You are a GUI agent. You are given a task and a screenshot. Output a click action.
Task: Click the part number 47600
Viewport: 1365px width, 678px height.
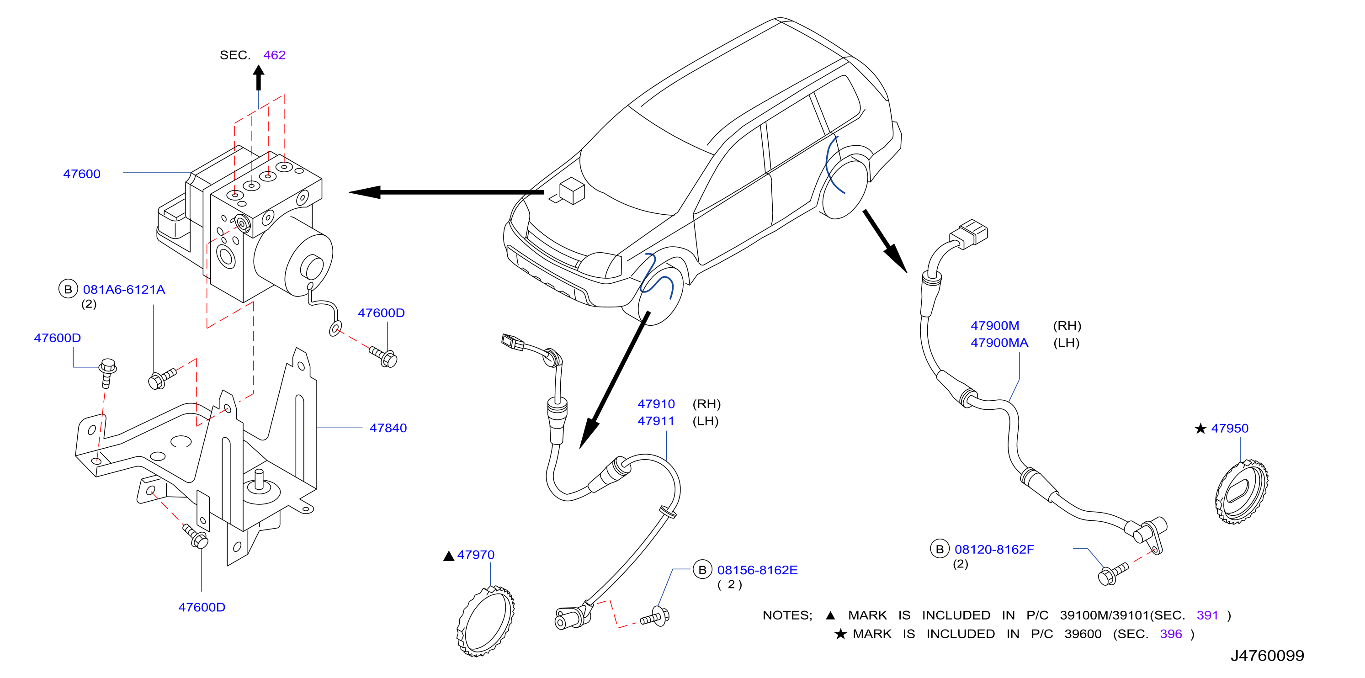[82, 174]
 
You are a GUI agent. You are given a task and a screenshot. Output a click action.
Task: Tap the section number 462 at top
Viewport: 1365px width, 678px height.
[275, 55]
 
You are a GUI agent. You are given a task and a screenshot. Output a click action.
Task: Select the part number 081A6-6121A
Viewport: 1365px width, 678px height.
[124, 290]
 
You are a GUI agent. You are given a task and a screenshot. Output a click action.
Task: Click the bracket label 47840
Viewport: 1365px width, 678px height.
[388, 428]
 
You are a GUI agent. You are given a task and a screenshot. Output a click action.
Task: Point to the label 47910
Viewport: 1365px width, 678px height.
[656, 404]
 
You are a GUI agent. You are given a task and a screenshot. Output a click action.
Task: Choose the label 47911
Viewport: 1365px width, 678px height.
[656, 421]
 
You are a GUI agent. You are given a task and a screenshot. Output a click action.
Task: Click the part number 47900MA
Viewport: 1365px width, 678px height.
[999, 343]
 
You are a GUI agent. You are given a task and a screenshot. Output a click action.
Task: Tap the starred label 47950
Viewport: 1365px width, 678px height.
[1229, 429]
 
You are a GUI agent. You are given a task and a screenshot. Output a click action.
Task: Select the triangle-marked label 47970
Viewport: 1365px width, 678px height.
[476, 555]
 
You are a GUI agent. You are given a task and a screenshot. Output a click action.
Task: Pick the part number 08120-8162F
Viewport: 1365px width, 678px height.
[994, 550]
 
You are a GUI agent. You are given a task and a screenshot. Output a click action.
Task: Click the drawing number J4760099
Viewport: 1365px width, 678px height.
[1267, 656]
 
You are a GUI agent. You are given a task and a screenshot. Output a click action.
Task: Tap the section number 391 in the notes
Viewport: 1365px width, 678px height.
[1208, 615]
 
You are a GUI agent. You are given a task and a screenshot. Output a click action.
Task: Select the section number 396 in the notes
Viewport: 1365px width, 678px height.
[1171, 634]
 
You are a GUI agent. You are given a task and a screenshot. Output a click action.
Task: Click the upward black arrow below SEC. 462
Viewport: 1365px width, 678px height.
[259, 77]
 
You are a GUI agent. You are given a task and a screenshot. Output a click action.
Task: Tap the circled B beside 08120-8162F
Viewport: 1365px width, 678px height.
[940, 549]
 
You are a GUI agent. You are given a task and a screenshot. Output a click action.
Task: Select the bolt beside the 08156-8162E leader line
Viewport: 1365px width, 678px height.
[655, 617]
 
